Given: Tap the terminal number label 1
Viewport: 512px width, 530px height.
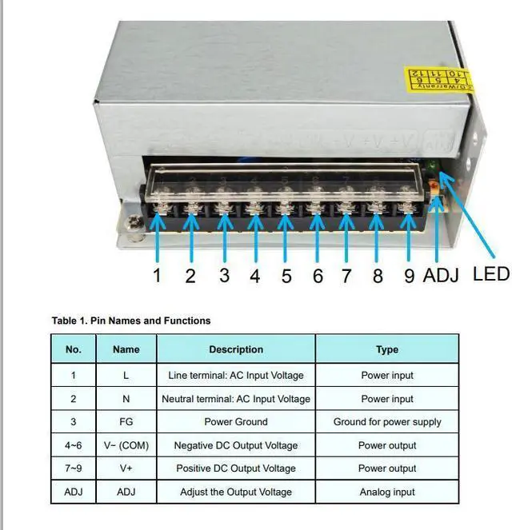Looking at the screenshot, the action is pos(158,276).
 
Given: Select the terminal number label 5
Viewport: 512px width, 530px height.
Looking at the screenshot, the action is pos(286,276).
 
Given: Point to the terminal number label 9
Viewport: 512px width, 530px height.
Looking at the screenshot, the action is pos(409,276).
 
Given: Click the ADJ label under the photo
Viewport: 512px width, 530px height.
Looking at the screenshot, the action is pos(441,276).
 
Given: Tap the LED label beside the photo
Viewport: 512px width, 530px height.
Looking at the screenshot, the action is pos(490,273).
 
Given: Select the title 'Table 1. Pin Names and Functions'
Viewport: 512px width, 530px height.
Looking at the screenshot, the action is pos(131,321).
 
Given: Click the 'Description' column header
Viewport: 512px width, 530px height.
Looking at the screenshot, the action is pos(236,349).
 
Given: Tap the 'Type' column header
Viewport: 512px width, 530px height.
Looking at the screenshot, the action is pos(387,349).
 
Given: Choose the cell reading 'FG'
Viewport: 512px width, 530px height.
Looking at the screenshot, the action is pos(126,421).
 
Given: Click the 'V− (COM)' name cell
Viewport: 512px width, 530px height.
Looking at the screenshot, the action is pos(126,445).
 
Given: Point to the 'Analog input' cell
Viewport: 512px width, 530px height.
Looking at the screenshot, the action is pos(387,492).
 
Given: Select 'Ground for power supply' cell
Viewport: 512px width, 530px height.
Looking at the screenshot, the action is pos(387,421).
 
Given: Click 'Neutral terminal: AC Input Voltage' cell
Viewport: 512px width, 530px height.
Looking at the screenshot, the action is pos(236,398).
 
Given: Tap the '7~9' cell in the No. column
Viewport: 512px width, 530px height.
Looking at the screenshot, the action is pos(74,468).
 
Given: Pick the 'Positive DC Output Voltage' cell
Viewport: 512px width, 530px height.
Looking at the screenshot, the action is pos(236,468).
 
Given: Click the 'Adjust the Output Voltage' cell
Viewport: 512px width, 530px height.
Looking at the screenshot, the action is pos(236,492).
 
